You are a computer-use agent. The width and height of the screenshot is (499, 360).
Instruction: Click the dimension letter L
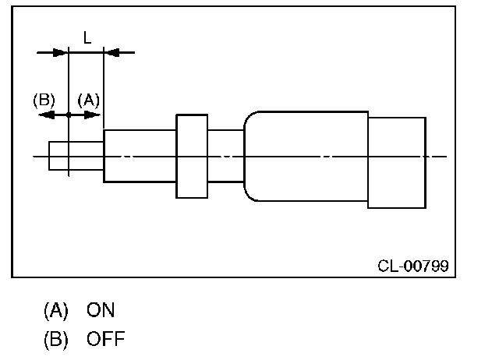coord(87,37)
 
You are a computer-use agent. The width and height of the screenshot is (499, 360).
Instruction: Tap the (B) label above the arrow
coord(44,100)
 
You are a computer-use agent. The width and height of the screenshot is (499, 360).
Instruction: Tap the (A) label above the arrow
coord(88,100)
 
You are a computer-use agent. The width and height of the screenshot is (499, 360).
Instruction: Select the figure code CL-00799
coord(412,266)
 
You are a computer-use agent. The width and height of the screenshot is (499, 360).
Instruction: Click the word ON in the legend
coord(101,310)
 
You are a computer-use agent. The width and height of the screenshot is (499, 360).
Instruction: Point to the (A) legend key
coord(55,310)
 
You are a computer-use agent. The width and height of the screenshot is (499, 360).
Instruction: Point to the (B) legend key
coord(55,340)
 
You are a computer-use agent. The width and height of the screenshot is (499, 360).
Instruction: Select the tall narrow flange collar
coord(193,156)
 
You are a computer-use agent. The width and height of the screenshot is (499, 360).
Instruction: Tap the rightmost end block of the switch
coord(397,162)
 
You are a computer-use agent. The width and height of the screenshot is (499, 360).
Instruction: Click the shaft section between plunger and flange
coord(140,156)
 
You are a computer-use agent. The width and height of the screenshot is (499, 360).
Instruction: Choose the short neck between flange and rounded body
coord(226,156)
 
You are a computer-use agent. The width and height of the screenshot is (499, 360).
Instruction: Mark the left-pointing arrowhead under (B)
coord(44,115)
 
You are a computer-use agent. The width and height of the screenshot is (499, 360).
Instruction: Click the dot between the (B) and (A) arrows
coord(69,115)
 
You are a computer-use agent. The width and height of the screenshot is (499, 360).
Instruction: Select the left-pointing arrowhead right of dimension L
coord(111,53)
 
